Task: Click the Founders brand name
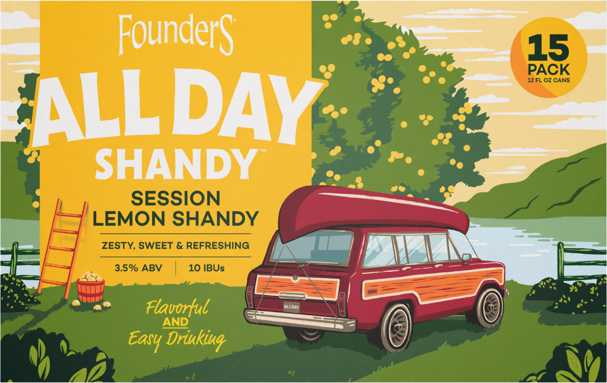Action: pyautogui.click(x=176, y=35)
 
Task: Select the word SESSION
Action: pyautogui.click(x=175, y=198)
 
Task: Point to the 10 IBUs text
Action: pyautogui.click(x=206, y=267)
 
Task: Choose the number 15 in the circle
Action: pyautogui.click(x=548, y=50)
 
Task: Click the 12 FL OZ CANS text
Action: pyautogui.click(x=548, y=79)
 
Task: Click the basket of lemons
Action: pyautogui.click(x=91, y=287)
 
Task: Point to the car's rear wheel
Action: pyautogui.click(x=397, y=326)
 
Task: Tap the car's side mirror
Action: pyautogui.click(x=466, y=258)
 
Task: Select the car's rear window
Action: pyautogui.click(x=312, y=247)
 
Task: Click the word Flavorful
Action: pyautogui.click(x=177, y=308)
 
